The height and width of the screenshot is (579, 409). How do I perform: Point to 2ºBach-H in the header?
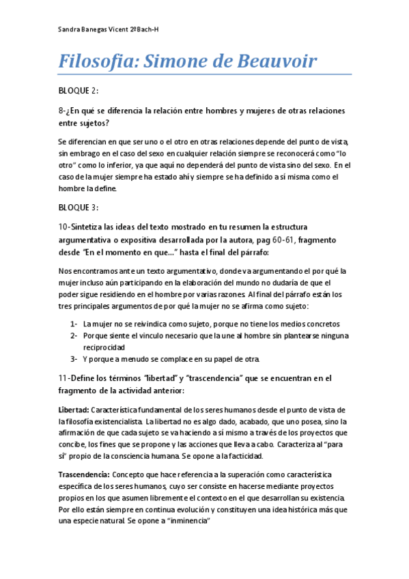(x=145, y=30)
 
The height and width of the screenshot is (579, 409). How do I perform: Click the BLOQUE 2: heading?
(x=80, y=91)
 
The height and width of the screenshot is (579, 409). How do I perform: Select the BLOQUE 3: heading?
(x=80, y=207)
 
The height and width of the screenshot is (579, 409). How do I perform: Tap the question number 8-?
(x=62, y=111)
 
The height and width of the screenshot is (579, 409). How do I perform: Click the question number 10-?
(x=65, y=227)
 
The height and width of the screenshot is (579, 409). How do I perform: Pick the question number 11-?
(x=65, y=378)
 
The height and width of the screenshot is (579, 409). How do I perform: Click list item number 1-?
(x=74, y=324)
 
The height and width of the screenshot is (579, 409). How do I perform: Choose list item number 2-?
(x=74, y=336)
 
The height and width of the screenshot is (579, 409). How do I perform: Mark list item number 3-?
(x=74, y=359)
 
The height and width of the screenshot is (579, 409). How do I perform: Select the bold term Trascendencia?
(x=84, y=475)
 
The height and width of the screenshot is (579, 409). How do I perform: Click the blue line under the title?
(x=204, y=74)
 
